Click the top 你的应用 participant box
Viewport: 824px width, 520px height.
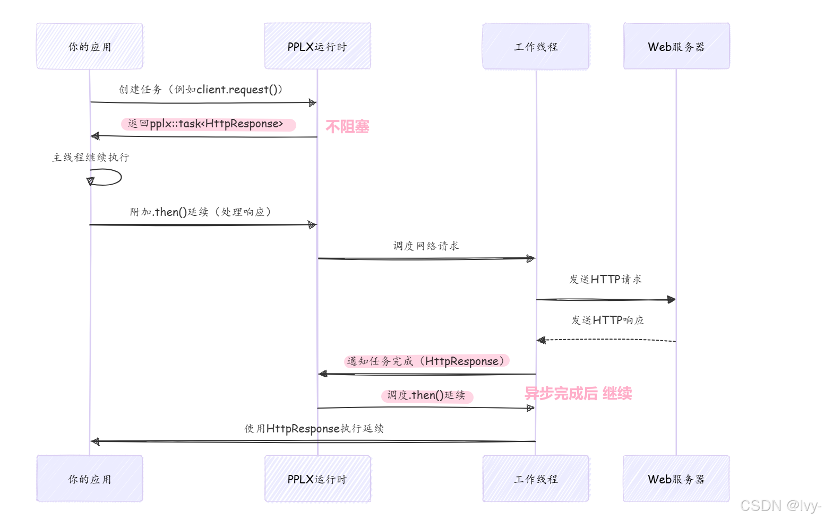point(90,46)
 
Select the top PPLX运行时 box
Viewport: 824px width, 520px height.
point(317,46)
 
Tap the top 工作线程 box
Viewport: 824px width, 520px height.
point(536,46)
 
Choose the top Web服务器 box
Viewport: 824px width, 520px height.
point(676,46)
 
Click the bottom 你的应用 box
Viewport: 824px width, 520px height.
point(90,479)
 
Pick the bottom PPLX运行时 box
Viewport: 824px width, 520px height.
point(317,479)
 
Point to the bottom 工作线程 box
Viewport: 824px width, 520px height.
point(536,479)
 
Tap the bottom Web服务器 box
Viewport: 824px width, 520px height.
point(676,479)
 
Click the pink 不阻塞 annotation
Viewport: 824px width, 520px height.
point(347,127)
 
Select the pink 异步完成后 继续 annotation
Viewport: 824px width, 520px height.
point(578,394)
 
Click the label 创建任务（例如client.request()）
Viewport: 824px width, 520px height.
point(201,89)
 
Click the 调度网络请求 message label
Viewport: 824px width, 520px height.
point(426,246)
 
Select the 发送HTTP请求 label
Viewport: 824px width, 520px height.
point(605,279)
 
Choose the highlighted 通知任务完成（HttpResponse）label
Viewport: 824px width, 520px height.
point(426,361)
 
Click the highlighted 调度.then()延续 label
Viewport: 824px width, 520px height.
point(426,395)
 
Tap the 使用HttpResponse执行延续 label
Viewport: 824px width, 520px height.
point(314,428)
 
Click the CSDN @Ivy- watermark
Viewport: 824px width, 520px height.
point(780,506)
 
